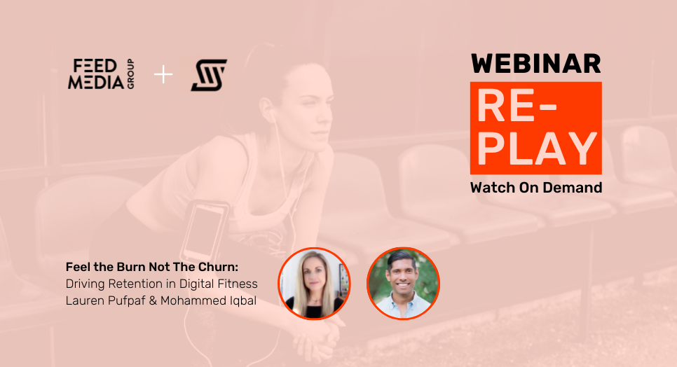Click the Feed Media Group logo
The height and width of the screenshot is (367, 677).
(x=101, y=74)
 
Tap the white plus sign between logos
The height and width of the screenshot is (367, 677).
(x=163, y=74)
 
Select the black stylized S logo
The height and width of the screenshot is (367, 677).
(x=209, y=75)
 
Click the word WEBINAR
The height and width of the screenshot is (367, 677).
(x=536, y=64)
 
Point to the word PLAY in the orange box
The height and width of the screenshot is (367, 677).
(x=537, y=148)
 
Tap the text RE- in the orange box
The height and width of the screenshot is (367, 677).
(x=517, y=106)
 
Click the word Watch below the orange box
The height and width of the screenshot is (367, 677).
(x=493, y=188)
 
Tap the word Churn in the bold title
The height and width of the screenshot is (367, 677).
(x=218, y=267)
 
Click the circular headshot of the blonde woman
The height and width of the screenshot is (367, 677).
(x=314, y=284)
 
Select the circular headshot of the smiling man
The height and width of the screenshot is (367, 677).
(x=403, y=284)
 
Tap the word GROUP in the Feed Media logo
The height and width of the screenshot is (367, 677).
(x=130, y=74)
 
